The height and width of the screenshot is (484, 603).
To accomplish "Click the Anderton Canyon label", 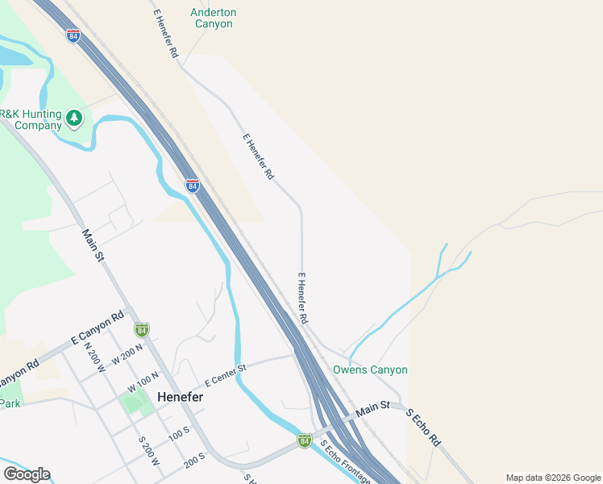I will coord(214,18).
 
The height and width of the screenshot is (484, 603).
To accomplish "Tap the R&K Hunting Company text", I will coord(31,119).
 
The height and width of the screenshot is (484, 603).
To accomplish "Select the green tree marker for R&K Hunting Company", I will coord(75,119).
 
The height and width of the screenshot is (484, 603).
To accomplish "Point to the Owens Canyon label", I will coord(371,369).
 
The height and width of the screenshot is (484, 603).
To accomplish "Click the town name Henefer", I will coord(180,397).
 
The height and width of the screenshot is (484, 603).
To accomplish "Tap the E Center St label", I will coord(225,373).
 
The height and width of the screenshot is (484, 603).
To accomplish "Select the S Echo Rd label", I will coord(423,428).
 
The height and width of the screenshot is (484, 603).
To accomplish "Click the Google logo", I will coord(27,474).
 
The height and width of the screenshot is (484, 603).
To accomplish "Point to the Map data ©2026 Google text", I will coord(553,478).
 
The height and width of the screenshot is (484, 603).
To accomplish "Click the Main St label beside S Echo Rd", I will coord(373,410).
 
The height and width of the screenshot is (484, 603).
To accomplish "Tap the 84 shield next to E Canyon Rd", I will coord(142,329).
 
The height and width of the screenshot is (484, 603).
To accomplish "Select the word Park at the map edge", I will coord(10,403).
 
